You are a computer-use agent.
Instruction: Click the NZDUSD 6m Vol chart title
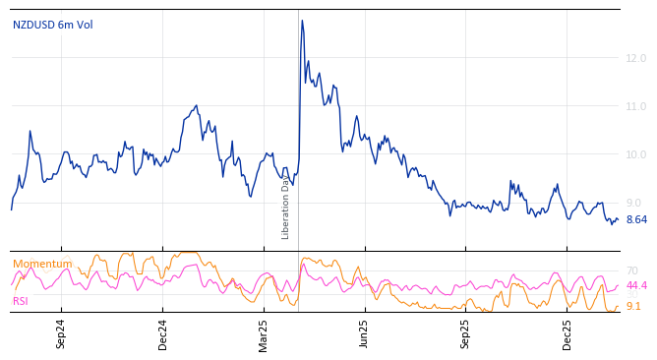click(53, 25)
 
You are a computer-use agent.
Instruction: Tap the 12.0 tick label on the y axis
click(635, 58)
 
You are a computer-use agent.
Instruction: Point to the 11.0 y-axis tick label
click(635, 106)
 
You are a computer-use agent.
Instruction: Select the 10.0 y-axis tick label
click(635, 154)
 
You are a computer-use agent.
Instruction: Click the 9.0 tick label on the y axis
click(633, 203)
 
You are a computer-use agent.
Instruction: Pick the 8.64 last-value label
click(636, 220)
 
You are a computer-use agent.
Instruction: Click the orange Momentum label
click(42, 264)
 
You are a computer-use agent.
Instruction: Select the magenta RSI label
click(21, 301)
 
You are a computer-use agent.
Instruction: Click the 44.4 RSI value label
click(636, 286)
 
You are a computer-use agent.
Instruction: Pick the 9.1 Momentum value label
click(633, 307)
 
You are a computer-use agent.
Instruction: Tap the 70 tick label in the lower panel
click(632, 270)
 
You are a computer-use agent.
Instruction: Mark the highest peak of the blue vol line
click(302, 21)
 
